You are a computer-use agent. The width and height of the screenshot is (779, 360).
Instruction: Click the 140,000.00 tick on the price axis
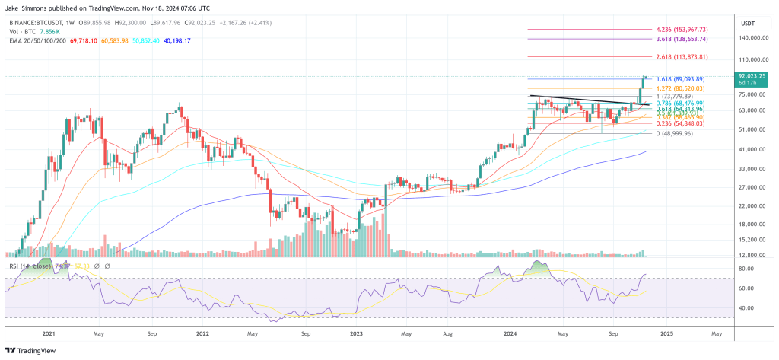750,37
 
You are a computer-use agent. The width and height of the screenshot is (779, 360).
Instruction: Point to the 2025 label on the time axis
667,333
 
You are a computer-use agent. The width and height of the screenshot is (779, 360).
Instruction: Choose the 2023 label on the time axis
358,333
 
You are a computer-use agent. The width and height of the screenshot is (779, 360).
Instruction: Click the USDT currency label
746,23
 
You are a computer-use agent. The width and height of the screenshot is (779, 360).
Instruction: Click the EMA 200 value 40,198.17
175,40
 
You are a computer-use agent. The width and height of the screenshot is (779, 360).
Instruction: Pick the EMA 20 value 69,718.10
84,40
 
